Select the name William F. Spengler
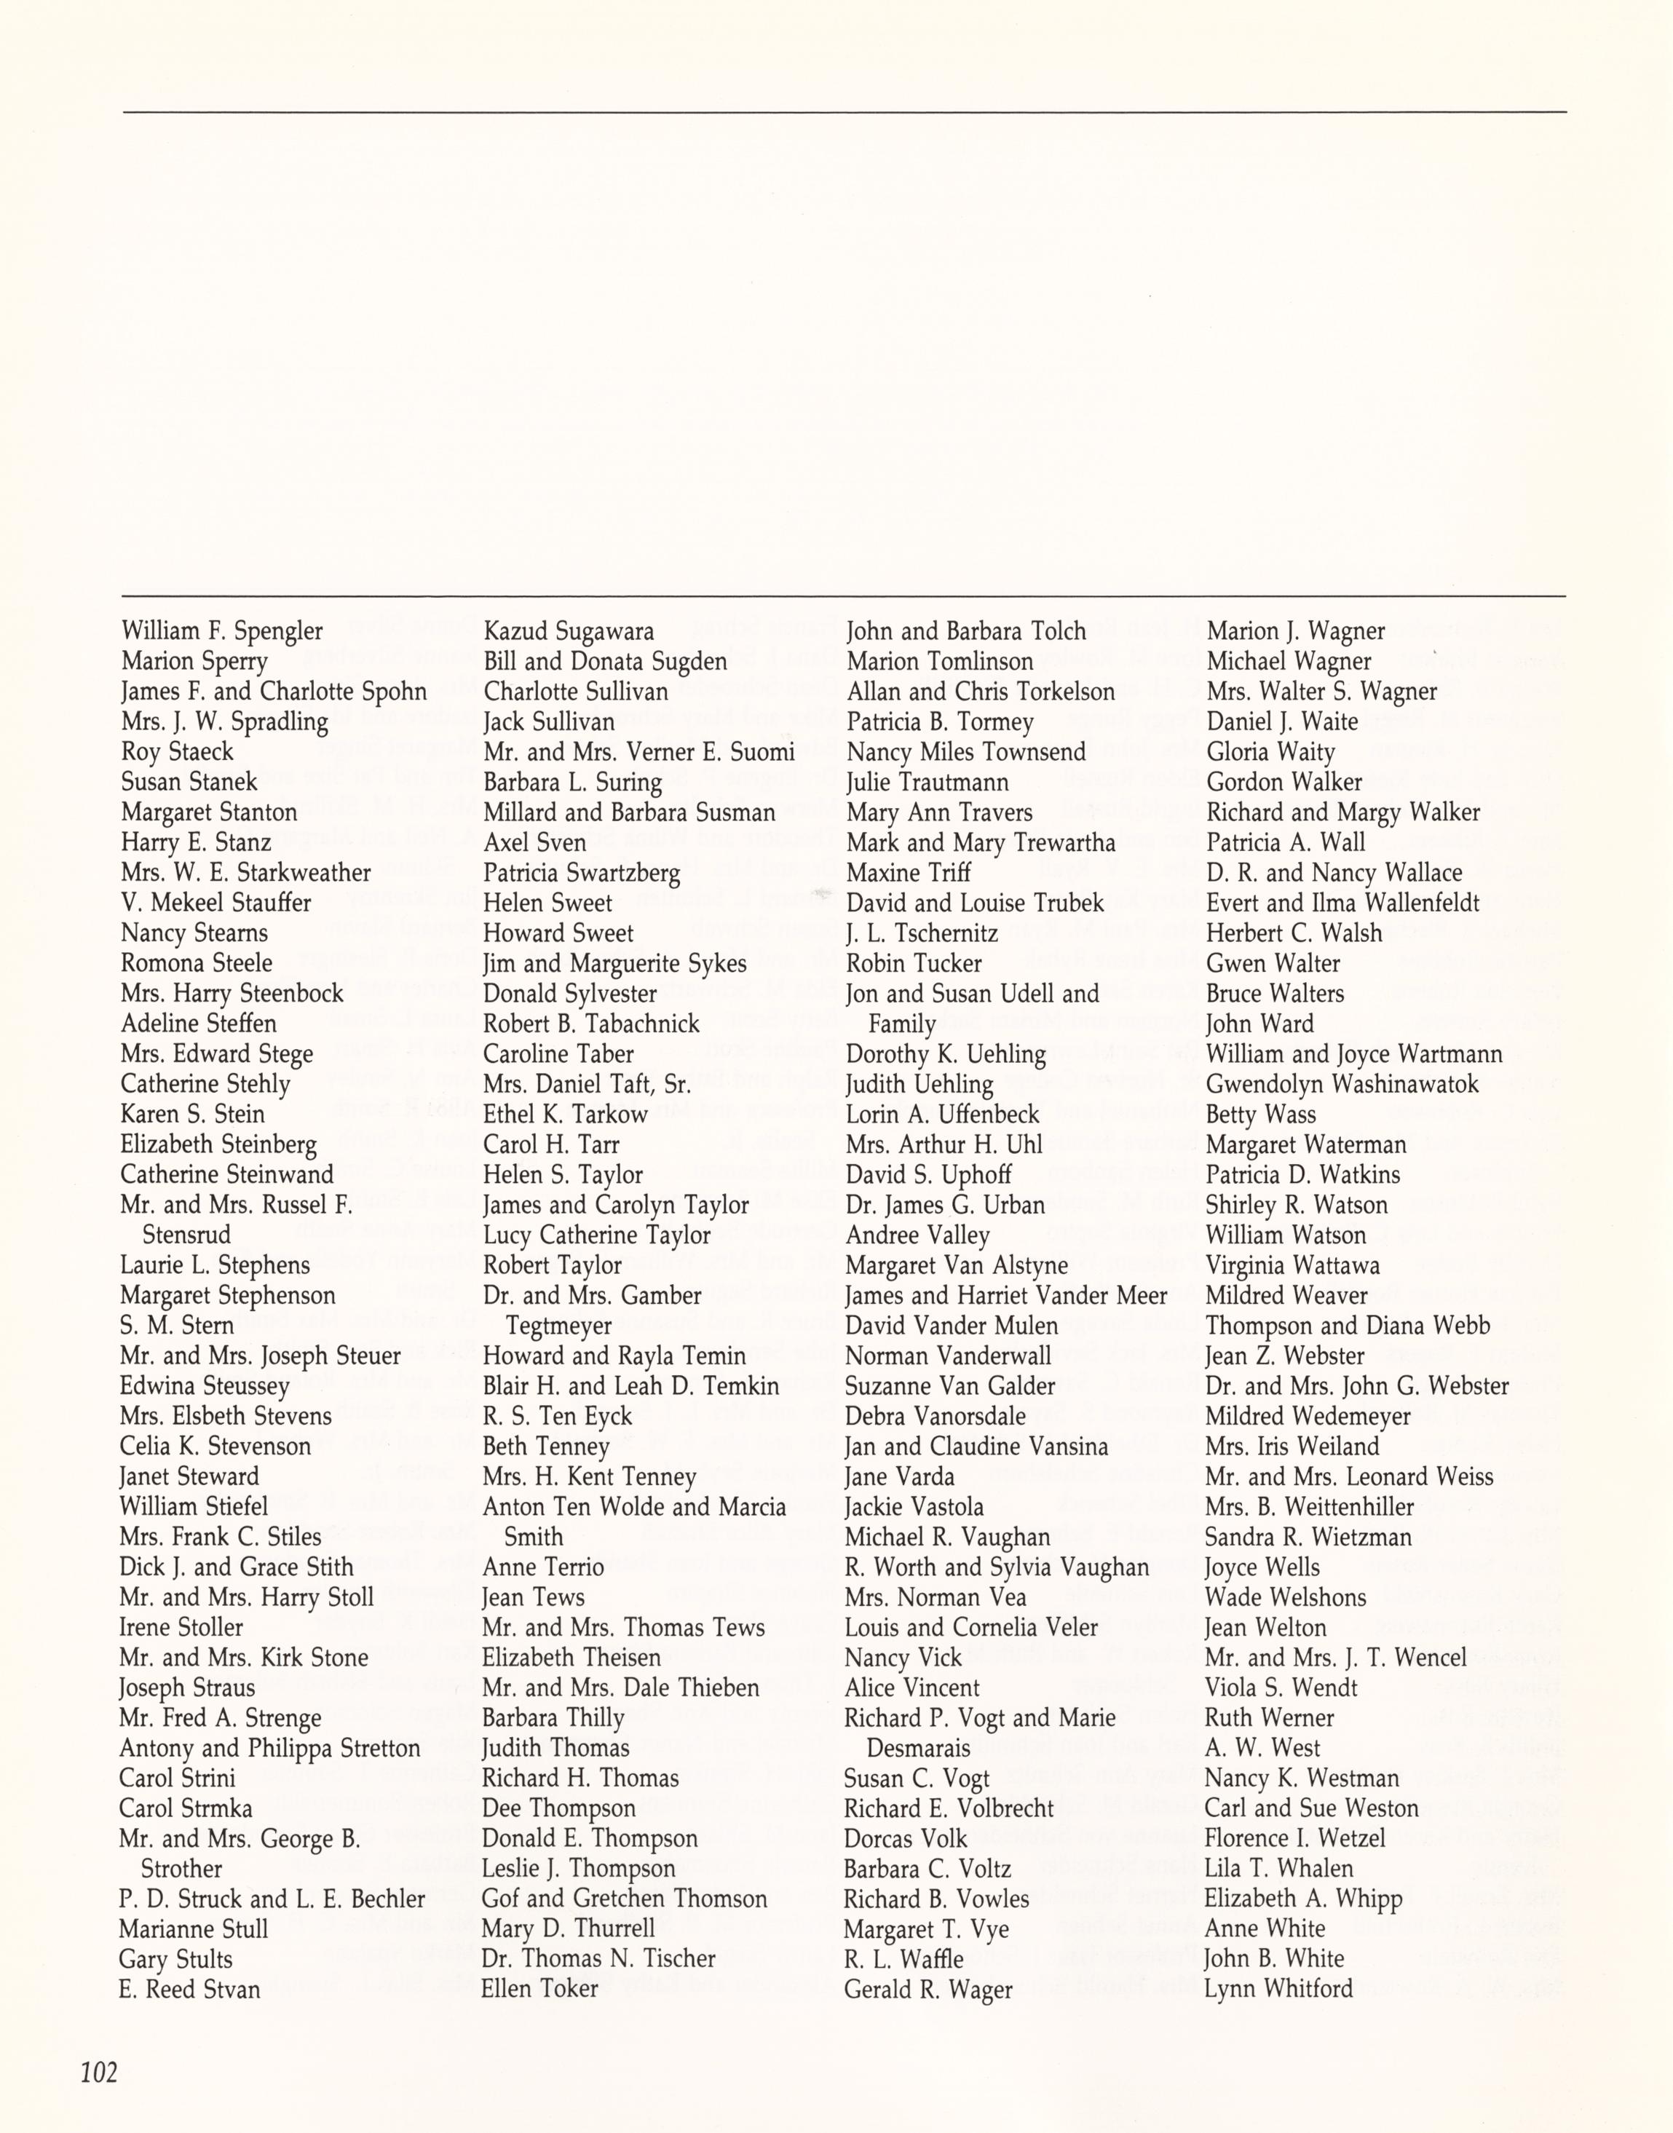click(x=221, y=630)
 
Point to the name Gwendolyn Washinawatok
click(x=1342, y=1084)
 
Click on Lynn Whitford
click(x=1278, y=1988)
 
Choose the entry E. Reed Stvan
click(x=190, y=1989)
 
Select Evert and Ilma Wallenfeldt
click(x=1342, y=903)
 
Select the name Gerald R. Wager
click(x=928, y=1989)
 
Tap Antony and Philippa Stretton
click(x=269, y=1748)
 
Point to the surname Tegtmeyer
click(x=558, y=1326)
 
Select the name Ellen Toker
click(x=539, y=1988)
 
